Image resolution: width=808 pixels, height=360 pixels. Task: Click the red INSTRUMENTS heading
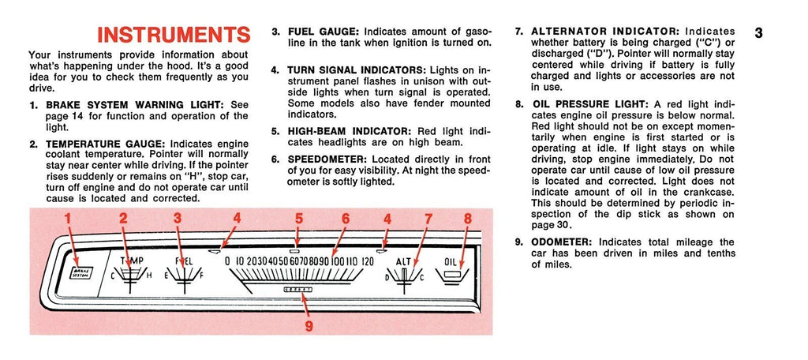[174, 35]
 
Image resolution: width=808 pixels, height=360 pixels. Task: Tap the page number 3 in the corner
[758, 32]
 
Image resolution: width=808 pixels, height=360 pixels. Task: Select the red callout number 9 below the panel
[309, 326]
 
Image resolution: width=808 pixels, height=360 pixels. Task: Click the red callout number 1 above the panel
[68, 218]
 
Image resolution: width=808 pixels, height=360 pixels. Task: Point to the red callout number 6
[346, 218]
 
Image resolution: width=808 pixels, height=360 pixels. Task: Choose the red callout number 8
[467, 218]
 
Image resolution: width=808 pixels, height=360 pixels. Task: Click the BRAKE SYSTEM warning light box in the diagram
[80, 272]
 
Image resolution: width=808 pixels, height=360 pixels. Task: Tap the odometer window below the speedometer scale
[297, 290]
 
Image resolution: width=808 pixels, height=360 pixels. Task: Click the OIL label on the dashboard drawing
[451, 261]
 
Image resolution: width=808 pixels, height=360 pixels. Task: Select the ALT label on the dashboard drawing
[403, 261]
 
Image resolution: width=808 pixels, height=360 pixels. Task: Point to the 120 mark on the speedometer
[368, 261]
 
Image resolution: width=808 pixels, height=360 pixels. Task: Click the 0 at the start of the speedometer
[227, 261]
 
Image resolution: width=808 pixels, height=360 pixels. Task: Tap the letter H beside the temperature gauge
[149, 276]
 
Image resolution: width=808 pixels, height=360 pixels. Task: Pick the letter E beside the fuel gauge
[167, 276]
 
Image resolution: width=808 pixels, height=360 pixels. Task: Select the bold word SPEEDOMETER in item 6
[327, 159]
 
